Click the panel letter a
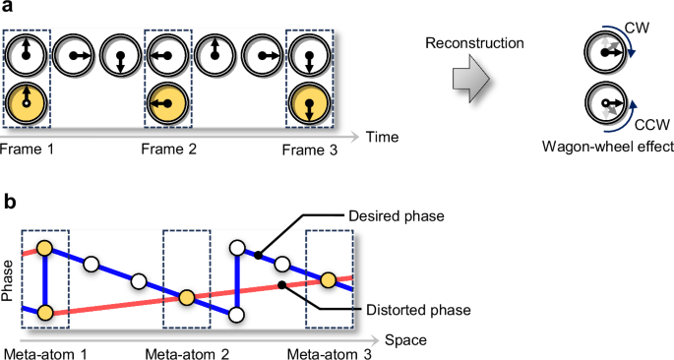click(x=9, y=11)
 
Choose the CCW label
click(x=644, y=125)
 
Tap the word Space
click(x=404, y=340)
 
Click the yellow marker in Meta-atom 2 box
click(x=186, y=297)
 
